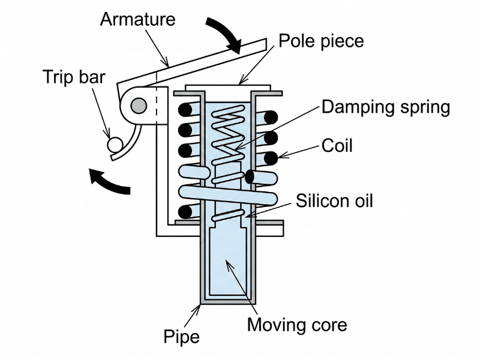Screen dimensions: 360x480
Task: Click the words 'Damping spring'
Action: (x=386, y=107)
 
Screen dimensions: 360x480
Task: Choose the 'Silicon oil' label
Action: (x=334, y=200)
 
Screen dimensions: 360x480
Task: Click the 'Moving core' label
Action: (x=298, y=325)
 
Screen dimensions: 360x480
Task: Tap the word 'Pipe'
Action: (x=181, y=336)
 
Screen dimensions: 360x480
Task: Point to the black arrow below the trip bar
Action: (x=109, y=182)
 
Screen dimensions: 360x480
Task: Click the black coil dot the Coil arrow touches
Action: (x=271, y=159)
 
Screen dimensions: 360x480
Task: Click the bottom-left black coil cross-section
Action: (x=186, y=211)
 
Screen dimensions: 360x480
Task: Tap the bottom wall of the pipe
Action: (x=228, y=300)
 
